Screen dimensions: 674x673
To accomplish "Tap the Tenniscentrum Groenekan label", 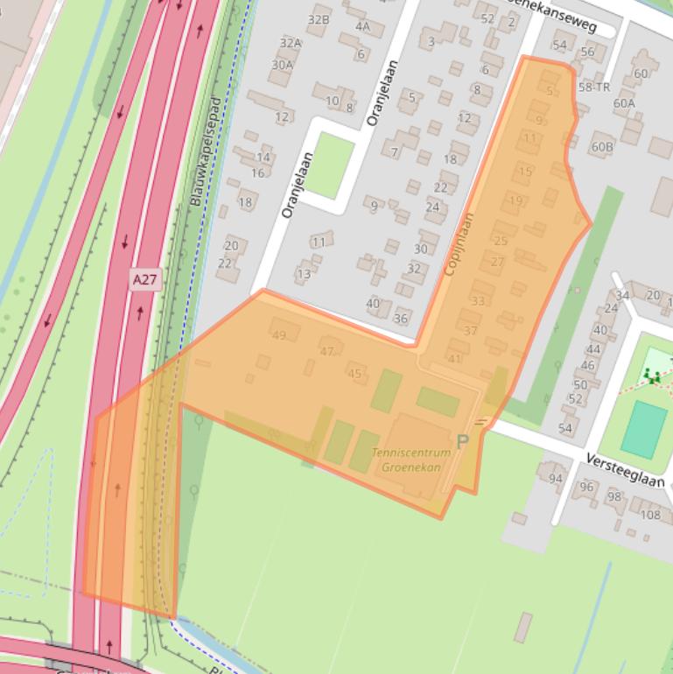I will [411, 460].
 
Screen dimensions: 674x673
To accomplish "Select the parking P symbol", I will [462, 441].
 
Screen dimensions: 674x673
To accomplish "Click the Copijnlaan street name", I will [460, 246].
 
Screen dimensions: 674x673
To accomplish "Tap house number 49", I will [279, 335].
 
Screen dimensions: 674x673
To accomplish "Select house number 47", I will [327, 352].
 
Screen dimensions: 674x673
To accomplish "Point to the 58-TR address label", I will [593, 88].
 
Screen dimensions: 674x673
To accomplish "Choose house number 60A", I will [624, 103].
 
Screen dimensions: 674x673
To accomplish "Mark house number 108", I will [650, 514].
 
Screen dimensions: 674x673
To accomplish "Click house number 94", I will [556, 478].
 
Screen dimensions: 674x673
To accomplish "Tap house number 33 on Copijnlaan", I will [478, 301].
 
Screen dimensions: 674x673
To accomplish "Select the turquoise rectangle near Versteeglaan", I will [645, 429].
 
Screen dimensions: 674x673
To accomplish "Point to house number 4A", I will [363, 26].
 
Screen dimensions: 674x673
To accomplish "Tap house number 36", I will [401, 319].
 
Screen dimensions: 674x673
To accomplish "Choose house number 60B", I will [602, 146].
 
